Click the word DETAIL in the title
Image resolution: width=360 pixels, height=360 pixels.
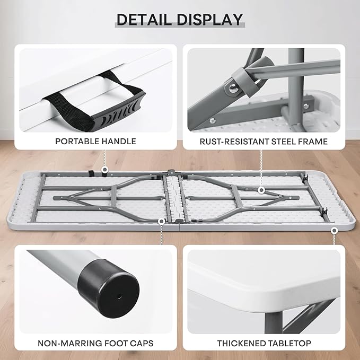[144, 20]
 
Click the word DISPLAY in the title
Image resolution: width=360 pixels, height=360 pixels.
[210, 20]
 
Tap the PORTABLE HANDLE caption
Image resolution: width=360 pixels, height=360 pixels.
[95, 141]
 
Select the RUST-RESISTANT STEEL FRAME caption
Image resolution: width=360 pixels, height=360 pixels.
[264, 142]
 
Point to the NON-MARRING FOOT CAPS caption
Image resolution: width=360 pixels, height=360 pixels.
[95, 343]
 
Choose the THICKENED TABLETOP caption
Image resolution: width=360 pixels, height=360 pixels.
[264, 343]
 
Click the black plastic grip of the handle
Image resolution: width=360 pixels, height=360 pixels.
[119, 112]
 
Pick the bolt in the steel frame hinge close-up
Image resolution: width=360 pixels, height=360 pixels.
[233, 88]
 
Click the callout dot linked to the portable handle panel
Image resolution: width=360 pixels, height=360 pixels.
[105, 170]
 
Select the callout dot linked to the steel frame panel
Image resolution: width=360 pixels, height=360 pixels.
[261, 190]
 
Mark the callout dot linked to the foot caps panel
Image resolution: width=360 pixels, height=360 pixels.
[161, 221]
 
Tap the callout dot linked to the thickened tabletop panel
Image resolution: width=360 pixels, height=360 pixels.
[334, 230]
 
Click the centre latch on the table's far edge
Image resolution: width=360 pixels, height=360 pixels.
[171, 172]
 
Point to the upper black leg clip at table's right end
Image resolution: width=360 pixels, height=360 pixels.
[305, 179]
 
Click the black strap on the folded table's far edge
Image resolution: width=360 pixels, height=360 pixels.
[91, 173]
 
